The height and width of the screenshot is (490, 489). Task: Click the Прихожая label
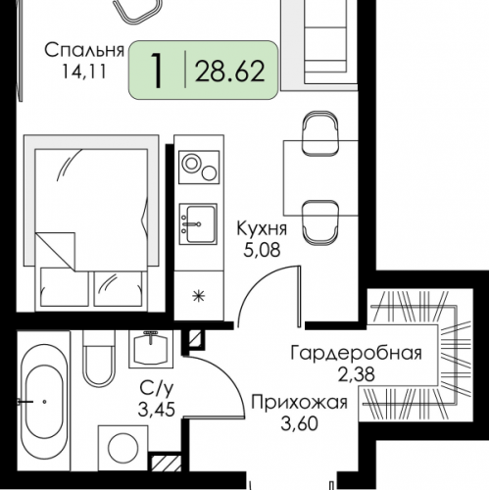coord(298,403)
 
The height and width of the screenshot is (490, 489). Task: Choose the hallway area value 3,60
coord(298,423)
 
